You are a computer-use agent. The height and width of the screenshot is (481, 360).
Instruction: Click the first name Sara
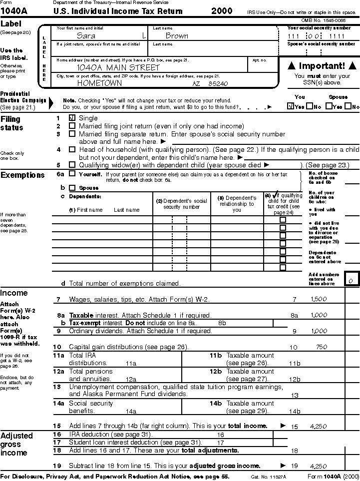(x=86, y=36)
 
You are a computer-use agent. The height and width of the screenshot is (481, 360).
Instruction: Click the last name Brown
(x=177, y=36)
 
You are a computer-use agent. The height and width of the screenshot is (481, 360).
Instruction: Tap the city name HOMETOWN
(x=99, y=83)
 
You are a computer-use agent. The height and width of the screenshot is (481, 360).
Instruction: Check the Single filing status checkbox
(x=72, y=118)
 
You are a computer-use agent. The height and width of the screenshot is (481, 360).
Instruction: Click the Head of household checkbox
(x=72, y=149)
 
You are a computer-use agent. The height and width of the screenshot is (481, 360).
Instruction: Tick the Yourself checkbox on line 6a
(x=72, y=174)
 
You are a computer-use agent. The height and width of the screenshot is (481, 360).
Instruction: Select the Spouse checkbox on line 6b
(x=72, y=188)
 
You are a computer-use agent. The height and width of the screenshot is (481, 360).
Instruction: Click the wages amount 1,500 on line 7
(x=319, y=299)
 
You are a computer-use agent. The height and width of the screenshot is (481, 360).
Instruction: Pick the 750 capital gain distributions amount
(x=322, y=347)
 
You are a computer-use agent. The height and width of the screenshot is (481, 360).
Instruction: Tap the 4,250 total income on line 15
(x=319, y=427)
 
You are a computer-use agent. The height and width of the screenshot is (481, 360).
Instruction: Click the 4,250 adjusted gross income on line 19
(x=319, y=466)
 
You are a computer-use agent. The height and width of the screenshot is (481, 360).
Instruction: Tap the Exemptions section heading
(x=22, y=175)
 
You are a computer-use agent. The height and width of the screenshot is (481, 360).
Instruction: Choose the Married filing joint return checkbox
(x=72, y=126)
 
